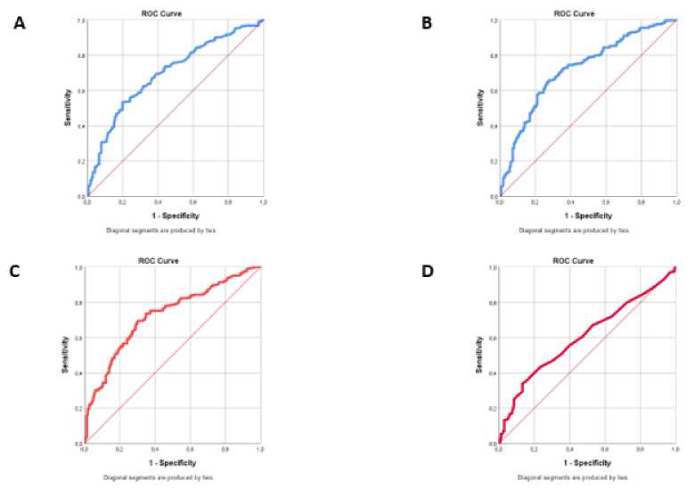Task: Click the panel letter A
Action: [19, 24]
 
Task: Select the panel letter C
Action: [15, 270]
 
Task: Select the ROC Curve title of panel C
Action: [173, 259]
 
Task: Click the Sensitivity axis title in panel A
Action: [68, 107]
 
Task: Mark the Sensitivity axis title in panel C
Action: [66, 354]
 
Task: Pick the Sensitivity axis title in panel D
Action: [479, 354]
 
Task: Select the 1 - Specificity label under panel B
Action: [588, 215]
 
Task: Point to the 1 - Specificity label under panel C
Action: [173, 463]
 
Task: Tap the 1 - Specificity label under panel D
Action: [588, 463]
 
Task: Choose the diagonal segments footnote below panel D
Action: [588, 477]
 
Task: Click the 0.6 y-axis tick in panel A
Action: [81, 91]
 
